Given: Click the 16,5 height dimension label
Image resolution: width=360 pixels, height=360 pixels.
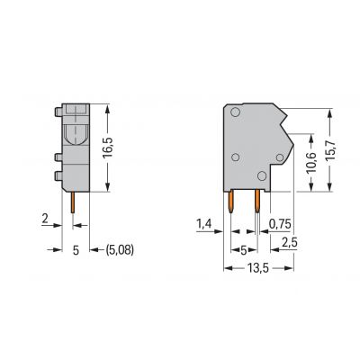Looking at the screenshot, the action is [x=108, y=148].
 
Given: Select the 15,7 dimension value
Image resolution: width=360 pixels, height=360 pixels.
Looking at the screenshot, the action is [x=330, y=151].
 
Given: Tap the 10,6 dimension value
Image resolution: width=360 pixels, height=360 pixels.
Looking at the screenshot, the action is [x=311, y=162].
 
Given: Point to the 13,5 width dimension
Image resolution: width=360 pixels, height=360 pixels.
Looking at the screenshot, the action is [x=257, y=268].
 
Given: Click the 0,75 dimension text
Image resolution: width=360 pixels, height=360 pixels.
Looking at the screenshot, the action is [x=280, y=224].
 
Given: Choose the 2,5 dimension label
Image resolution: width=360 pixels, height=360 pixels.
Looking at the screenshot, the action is [x=289, y=242].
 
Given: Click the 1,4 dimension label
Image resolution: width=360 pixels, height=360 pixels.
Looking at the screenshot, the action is [x=204, y=224].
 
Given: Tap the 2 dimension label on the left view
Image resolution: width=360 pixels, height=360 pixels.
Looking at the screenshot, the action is [x=45, y=219].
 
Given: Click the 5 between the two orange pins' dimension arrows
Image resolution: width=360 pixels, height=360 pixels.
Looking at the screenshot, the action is [x=244, y=249].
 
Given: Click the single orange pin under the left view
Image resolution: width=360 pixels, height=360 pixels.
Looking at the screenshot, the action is [x=73, y=202].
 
